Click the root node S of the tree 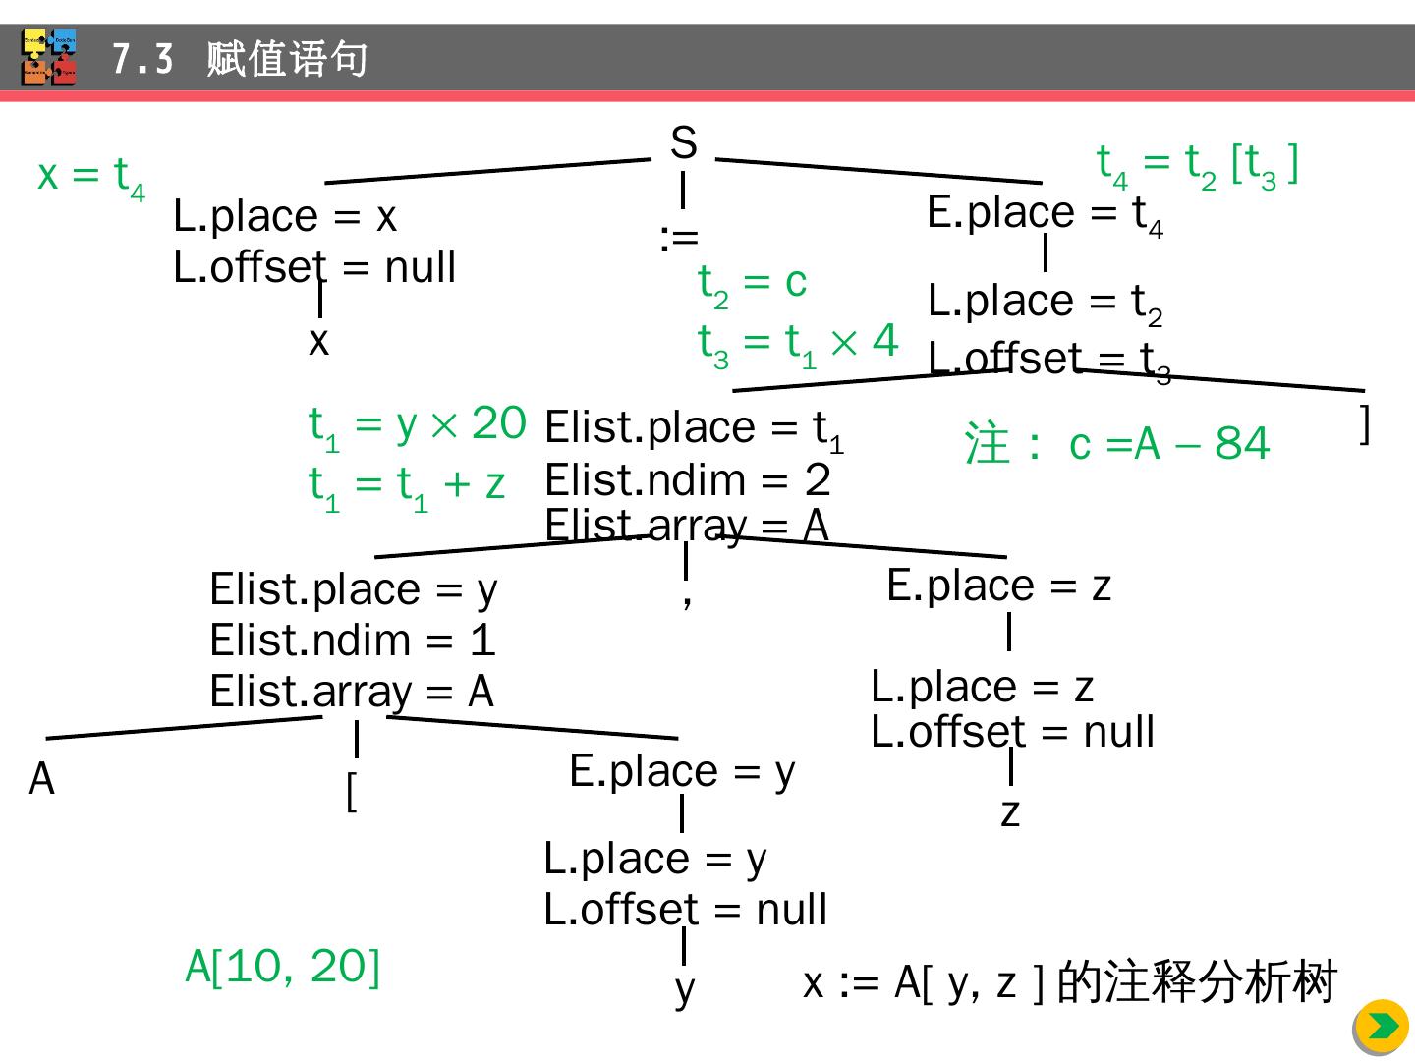tap(683, 144)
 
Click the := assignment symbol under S tap(679, 238)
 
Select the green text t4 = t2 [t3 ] tap(1197, 164)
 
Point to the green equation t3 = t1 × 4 tap(798, 343)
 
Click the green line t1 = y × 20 tap(417, 425)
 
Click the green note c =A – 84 tap(1117, 444)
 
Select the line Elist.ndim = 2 tap(687, 480)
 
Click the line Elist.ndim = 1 tap(352, 641)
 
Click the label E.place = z tap(998, 586)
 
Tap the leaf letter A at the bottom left tap(42, 780)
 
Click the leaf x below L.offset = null tap(318, 342)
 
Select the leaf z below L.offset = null tap(1010, 812)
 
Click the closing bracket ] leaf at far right tap(1364, 423)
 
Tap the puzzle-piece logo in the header tap(49, 58)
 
